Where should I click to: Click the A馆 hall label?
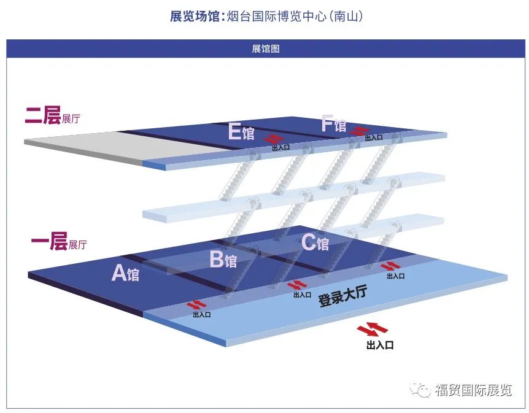(125, 273)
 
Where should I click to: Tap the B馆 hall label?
(223, 260)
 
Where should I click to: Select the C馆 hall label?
(315, 243)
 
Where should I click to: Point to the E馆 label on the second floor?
(241, 132)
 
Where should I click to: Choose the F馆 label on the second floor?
(333, 125)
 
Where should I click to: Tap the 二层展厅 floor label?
(52, 116)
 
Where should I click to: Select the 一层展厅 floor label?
(58, 243)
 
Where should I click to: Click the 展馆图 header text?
(265, 49)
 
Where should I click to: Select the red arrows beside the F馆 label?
(359, 130)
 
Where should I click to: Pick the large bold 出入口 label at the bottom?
(379, 345)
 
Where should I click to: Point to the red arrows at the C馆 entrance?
(390, 266)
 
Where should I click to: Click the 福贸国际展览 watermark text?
(473, 390)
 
